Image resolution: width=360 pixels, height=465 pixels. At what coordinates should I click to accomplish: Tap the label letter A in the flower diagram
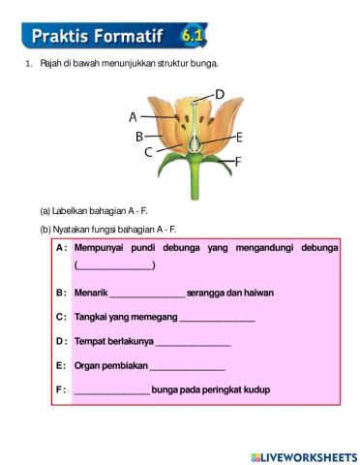point(134,116)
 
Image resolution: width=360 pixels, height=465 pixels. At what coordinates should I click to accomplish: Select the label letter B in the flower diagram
point(139,136)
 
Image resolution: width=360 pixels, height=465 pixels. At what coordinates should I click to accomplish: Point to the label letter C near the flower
point(147,151)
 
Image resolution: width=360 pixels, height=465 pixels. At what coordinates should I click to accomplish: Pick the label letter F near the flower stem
point(238,162)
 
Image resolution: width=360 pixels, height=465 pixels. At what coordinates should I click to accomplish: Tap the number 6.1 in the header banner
point(191,36)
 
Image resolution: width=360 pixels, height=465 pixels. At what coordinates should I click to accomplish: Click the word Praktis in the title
point(63,37)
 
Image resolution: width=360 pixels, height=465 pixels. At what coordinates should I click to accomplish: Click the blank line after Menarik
point(146,293)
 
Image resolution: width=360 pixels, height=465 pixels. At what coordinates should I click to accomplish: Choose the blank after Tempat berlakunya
point(193,341)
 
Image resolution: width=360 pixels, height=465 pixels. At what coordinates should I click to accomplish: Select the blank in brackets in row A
point(114,265)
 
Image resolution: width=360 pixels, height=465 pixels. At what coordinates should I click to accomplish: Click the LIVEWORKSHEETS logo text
point(308,455)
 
